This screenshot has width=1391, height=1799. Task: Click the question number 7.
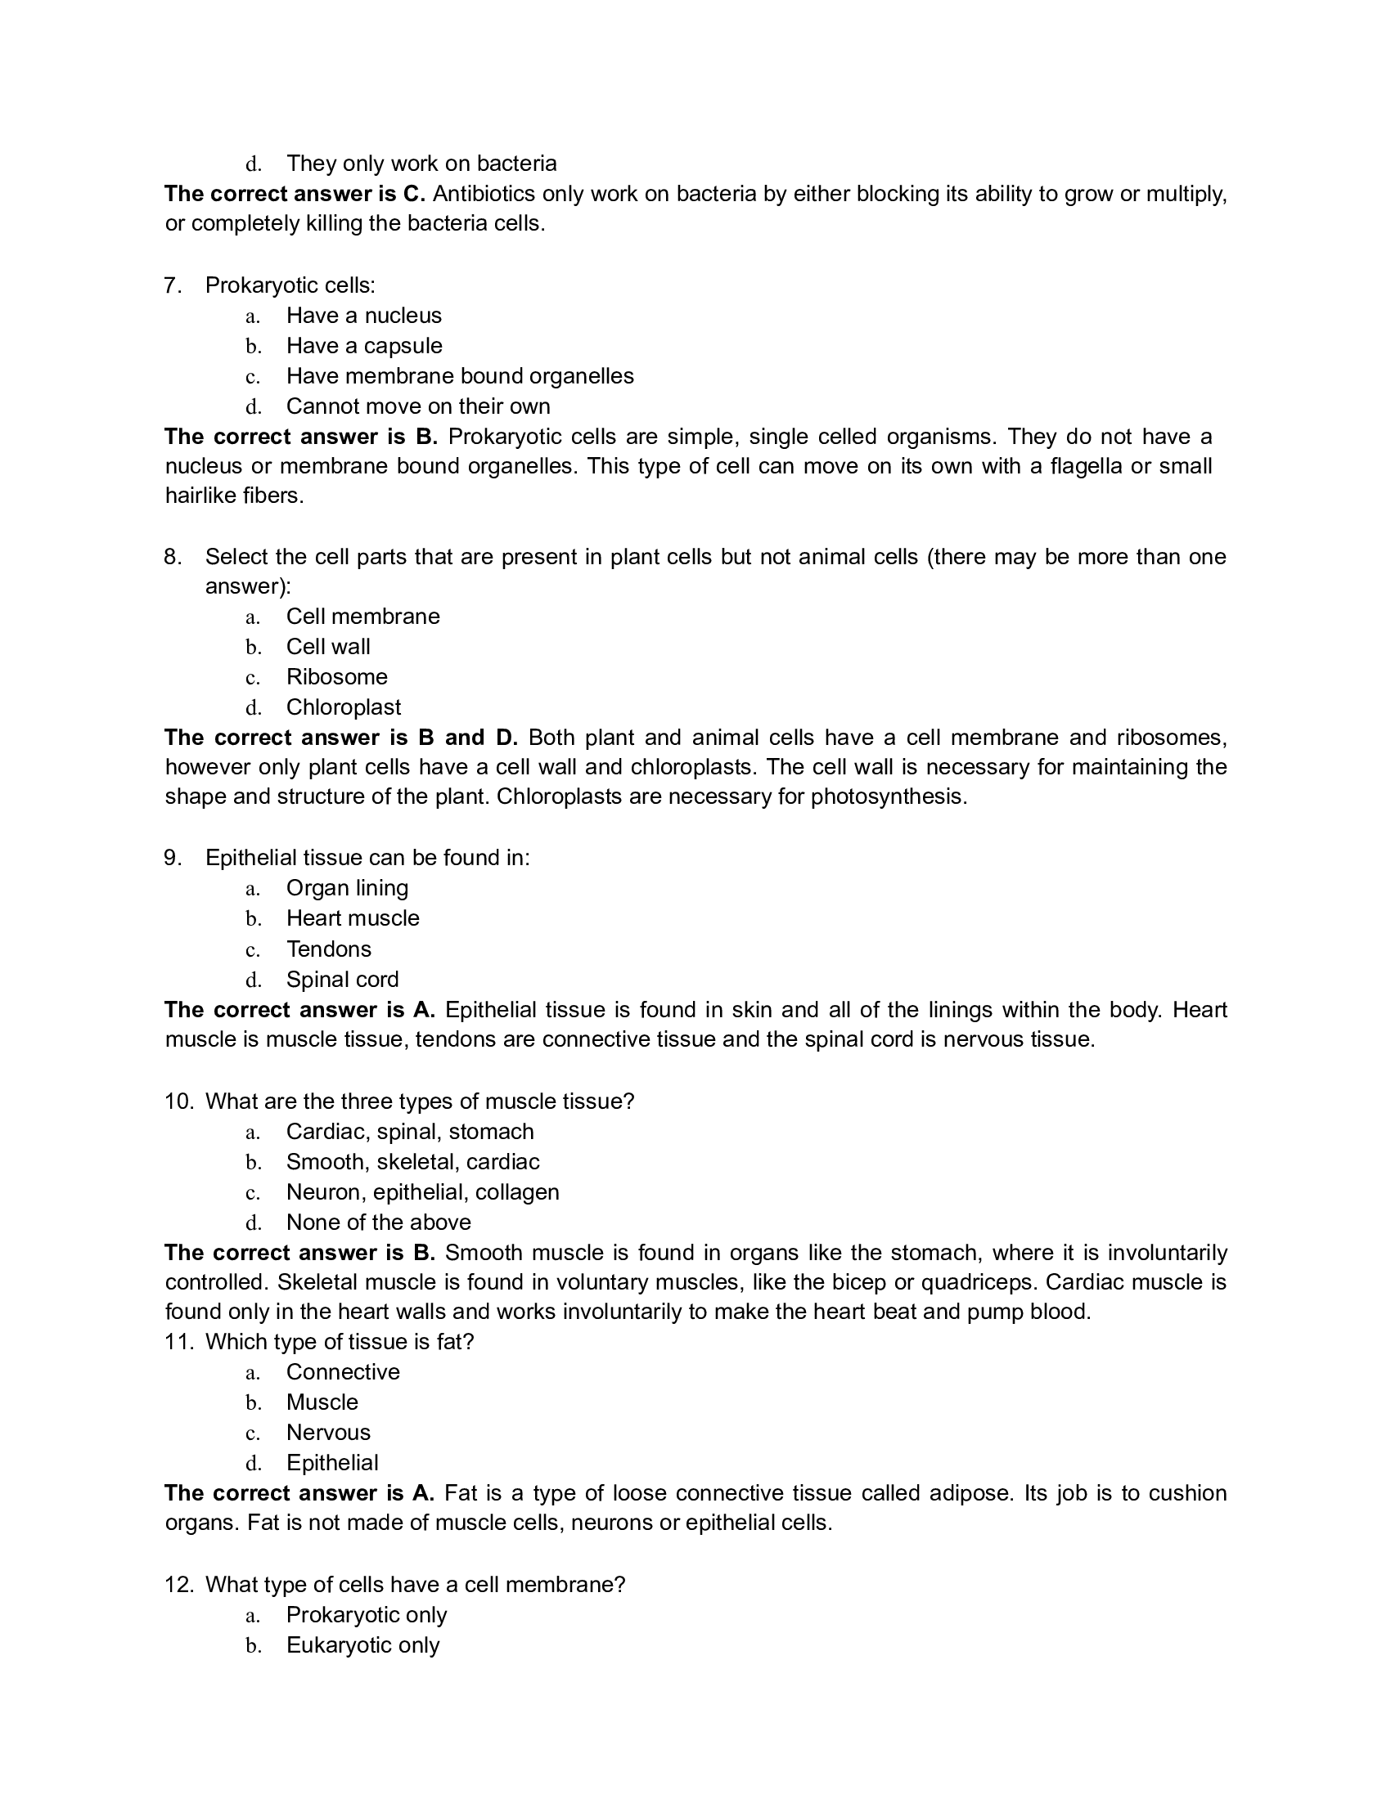click(x=172, y=286)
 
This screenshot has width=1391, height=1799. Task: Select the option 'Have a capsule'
click(x=363, y=346)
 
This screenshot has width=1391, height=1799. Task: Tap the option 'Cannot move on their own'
click(x=418, y=406)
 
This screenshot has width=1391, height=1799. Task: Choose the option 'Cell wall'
click(x=328, y=647)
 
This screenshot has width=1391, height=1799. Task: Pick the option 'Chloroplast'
click(x=344, y=707)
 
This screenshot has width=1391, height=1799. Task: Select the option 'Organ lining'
click(x=347, y=888)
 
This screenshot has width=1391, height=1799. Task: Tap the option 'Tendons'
click(x=329, y=949)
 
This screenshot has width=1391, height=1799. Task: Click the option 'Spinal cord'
click(x=342, y=980)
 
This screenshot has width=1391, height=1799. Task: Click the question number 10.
click(x=178, y=1101)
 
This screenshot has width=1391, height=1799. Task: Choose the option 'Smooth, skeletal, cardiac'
click(x=413, y=1161)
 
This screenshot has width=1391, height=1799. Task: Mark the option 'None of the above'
click(x=378, y=1222)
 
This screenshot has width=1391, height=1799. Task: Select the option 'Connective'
click(x=343, y=1371)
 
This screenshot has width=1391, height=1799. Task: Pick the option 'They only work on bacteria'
click(x=421, y=163)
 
